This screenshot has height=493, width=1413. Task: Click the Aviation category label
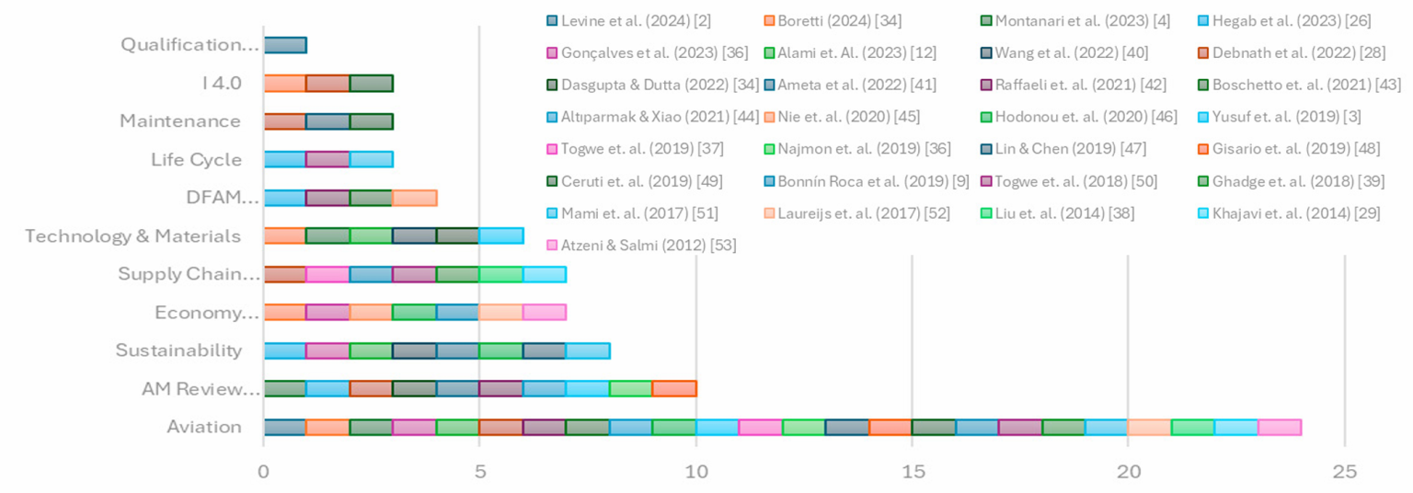(x=204, y=427)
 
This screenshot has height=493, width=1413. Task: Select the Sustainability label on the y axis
(x=178, y=350)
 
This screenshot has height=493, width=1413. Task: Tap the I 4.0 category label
(x=222, y=83)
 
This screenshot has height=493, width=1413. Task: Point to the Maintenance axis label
(x=180, y=121)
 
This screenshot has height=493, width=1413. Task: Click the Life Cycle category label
(x=197, y=160)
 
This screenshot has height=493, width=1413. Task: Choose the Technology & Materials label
(x=133, y=236)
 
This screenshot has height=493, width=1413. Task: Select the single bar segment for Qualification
(x=285, y=44)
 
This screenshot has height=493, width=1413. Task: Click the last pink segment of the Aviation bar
(x=1280, y=427)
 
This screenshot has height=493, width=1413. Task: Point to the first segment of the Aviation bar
(x=285, y=427)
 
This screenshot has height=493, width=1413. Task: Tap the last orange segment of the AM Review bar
(x=674, y=388)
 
